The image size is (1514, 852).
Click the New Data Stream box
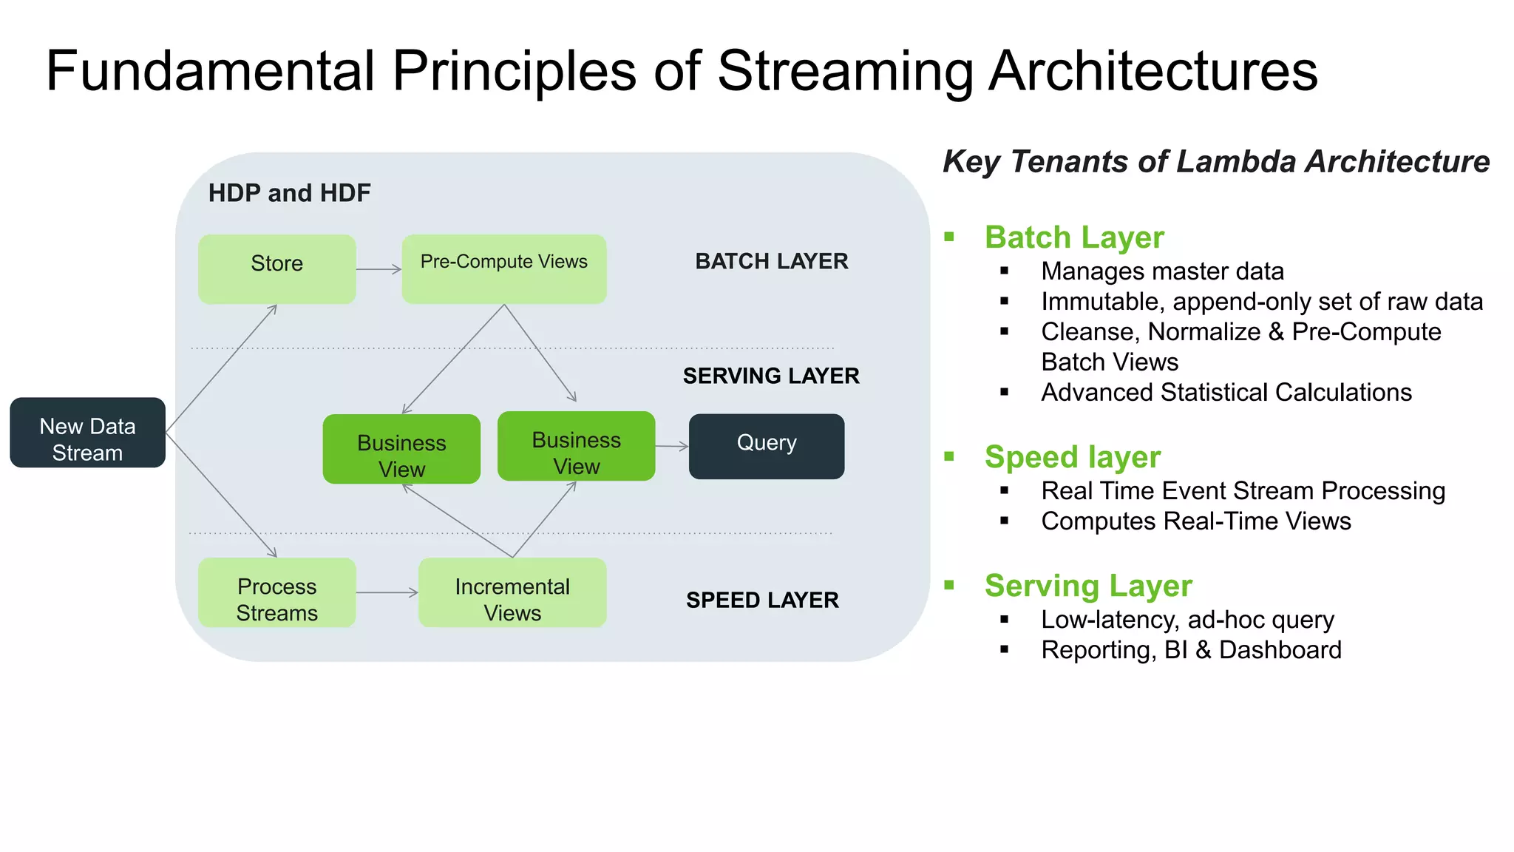pos(87,433)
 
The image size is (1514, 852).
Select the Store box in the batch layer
pos(276,269)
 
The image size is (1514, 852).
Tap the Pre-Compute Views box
pos(503,269)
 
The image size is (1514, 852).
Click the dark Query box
pos(766,446)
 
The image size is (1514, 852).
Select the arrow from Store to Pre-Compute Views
pos(378,269)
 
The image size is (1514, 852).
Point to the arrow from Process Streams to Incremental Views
pos(387,593)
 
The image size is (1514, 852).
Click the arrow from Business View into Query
pos(671,446)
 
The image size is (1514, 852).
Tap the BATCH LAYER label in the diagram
pos(771,261)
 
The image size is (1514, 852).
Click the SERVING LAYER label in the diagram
pos(770,376)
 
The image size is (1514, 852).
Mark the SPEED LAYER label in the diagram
pos(761,600)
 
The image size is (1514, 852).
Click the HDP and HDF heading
pos(289,193)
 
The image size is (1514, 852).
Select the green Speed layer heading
pos(1072,457)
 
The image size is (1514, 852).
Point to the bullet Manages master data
pos(1161,271)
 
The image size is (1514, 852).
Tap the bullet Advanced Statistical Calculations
pos(1226,392)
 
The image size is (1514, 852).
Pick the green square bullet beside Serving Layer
pos(950,585)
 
